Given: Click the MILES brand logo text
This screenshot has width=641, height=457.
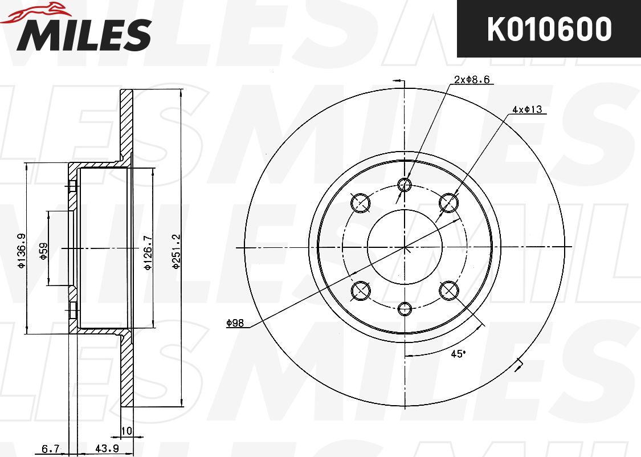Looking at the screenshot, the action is tap(84, 34).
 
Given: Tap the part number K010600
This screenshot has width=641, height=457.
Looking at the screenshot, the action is tap(549, 29).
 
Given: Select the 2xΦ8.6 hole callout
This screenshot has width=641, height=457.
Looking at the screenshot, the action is tap(472, 79).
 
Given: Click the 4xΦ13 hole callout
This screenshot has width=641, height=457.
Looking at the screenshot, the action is tap(527, 109).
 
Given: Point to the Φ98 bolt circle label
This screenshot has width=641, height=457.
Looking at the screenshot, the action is tap(235, 323).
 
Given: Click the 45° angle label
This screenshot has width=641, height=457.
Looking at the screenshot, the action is tap(458, 354).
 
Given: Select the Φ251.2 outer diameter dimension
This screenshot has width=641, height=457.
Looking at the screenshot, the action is tap(176, 251).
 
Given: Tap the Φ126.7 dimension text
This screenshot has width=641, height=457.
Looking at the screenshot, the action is tap(148, 252).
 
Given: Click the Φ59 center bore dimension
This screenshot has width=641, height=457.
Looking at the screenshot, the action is tap(43, 251).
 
